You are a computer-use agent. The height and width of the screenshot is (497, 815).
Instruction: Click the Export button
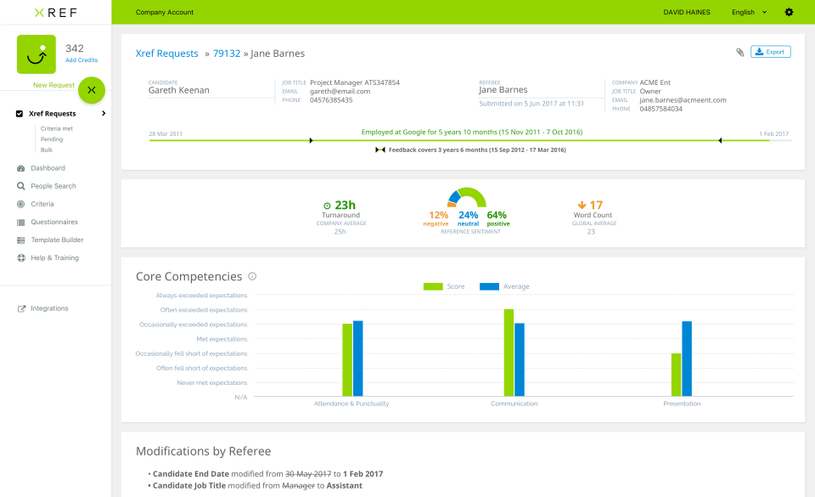pyautogui.click(x=771, y=52)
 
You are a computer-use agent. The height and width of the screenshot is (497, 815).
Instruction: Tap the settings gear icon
pyautogui.click(x=789, y=13)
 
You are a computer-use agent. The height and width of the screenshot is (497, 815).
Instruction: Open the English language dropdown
pyautogui.click(x=749, y=13)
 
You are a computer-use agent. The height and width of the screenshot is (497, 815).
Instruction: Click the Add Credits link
pyautogui.click(x=81, y=60)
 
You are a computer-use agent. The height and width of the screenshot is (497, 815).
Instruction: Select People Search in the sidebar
pyautogui.click(x=53, y=186)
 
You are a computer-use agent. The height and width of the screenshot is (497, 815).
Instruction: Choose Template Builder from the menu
pyautogui.click(x=57, y=240)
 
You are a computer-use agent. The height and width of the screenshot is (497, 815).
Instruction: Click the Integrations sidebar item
pyautogui.click(x=49, y=308)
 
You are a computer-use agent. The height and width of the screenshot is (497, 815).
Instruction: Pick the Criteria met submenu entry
pyautogui.click(x=56, y=128)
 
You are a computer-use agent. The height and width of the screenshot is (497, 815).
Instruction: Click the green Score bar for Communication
pyautogui.click(x=509, y=352)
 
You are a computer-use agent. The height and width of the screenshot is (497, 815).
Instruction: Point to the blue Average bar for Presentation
pyautogui.click(x=687, y=358)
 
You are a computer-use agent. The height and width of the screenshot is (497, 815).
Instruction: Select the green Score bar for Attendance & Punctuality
pyautogui.click(x=347, y=359)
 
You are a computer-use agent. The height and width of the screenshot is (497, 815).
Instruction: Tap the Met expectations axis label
pyautogui.click(x=222, y=339)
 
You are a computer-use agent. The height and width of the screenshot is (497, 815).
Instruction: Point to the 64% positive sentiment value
pyautogui.click(x=497, y=216)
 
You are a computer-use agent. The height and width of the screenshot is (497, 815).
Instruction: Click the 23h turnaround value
pyautogui.click(x=345, y=205)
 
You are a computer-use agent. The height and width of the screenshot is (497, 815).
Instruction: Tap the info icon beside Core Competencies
pyautogui.click(x=252, y=276)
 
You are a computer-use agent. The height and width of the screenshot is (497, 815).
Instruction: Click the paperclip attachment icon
pyautogui.click(x=739, y=53)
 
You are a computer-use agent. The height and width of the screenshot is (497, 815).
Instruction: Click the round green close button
pyautogui.click(x=92, y=89)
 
